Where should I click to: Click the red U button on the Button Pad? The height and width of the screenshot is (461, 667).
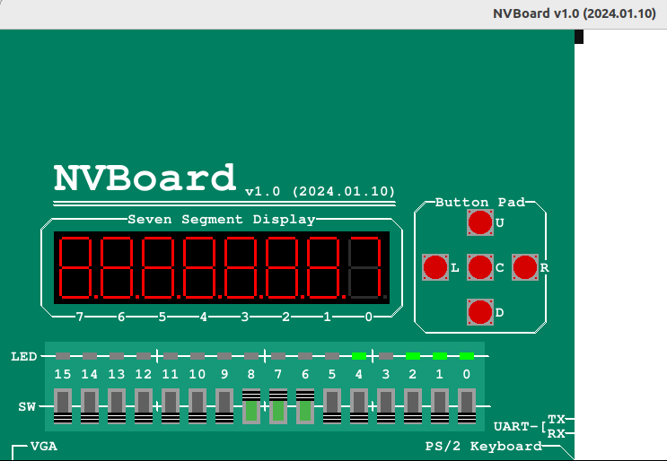tap(480, 222)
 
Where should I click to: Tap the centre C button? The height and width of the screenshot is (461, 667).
tap(480, 267)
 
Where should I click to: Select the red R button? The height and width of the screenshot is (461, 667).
tap(525, 267)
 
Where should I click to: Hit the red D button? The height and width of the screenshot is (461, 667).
tap(480, 312)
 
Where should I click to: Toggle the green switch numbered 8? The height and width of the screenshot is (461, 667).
tap(251, 407)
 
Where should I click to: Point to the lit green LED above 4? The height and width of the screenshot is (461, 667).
tap(359, 356)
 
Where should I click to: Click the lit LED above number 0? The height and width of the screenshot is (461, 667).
tap(467, 356)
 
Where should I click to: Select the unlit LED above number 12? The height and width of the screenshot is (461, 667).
tap(144, 356)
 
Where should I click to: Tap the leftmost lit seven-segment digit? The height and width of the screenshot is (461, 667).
tap(77, 267)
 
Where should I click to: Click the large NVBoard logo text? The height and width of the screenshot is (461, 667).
tap(145, 178)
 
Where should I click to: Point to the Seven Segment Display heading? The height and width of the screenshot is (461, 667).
tap(222, 219)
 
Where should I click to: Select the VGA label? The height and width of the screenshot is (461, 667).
tap(44, 446)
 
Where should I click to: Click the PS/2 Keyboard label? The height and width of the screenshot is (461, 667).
tap(483, 446)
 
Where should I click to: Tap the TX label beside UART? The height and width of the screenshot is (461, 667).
tap(557, 419)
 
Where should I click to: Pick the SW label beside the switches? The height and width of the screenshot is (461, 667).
tap(27, 406)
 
